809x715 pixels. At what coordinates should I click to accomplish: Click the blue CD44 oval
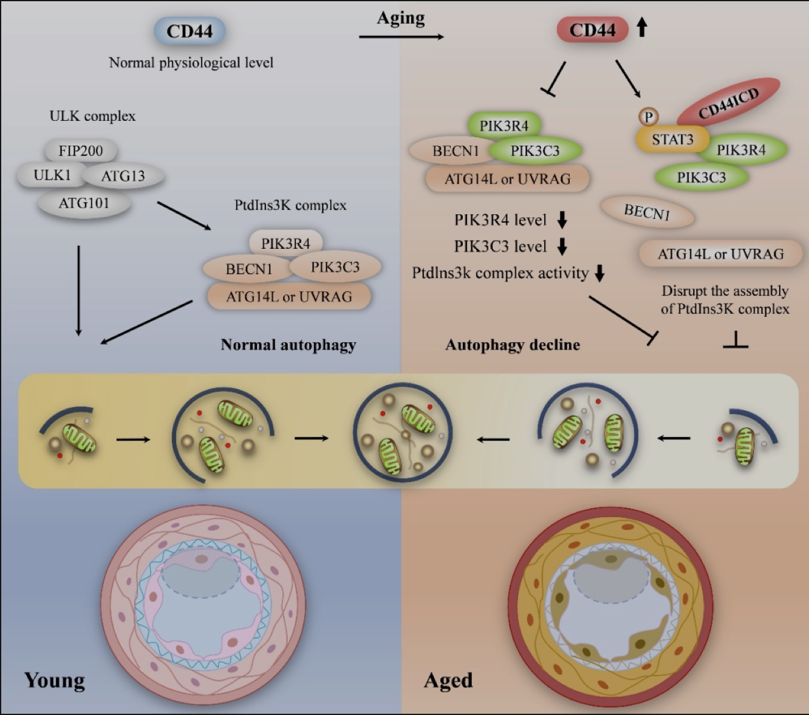coord(189,31)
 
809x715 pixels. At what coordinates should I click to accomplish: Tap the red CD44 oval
coord(593,30)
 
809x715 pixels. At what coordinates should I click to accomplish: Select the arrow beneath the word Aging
coord(401,36)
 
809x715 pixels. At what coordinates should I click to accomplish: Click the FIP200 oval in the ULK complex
coord(81,151)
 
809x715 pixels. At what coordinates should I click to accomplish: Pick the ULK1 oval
coord(52,175)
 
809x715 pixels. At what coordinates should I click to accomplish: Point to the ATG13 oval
coord(123,175)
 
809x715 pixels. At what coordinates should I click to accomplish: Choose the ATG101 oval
coord(84,203)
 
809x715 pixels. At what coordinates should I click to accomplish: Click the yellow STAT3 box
coord(672,139)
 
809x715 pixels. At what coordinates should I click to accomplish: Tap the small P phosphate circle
coord(649,117)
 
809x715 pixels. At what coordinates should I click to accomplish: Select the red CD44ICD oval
coord(729,103)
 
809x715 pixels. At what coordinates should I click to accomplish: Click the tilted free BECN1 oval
coord(647,212)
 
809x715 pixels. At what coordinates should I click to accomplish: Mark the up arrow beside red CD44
coord(641,29)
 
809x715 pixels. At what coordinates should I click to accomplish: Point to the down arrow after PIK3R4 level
coord(562,220)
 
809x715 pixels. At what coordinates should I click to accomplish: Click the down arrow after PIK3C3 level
coord(562,246)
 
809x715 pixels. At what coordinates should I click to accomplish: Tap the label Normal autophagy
coord(288,345)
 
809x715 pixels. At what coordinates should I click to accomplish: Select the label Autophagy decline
coord(513,344)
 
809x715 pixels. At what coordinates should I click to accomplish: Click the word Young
coord(55,680)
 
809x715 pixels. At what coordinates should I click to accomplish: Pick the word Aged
coord(448,680)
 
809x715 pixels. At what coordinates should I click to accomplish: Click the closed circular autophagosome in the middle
coord(403,433)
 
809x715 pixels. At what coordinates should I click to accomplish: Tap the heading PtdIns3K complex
coord(290,205)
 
